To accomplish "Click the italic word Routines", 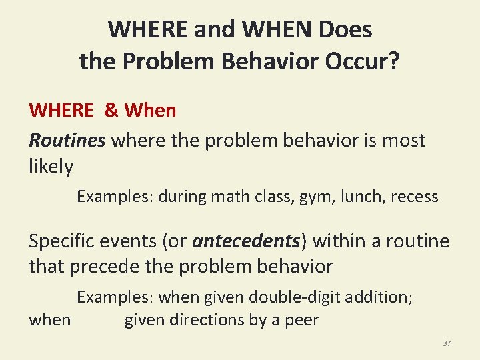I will click(67, 140).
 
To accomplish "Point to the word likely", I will click(51, 167).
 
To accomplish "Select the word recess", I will click(414, 197).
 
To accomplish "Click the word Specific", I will click(67, 241).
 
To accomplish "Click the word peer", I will click(302, 320).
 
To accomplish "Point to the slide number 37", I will click(447, 343).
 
